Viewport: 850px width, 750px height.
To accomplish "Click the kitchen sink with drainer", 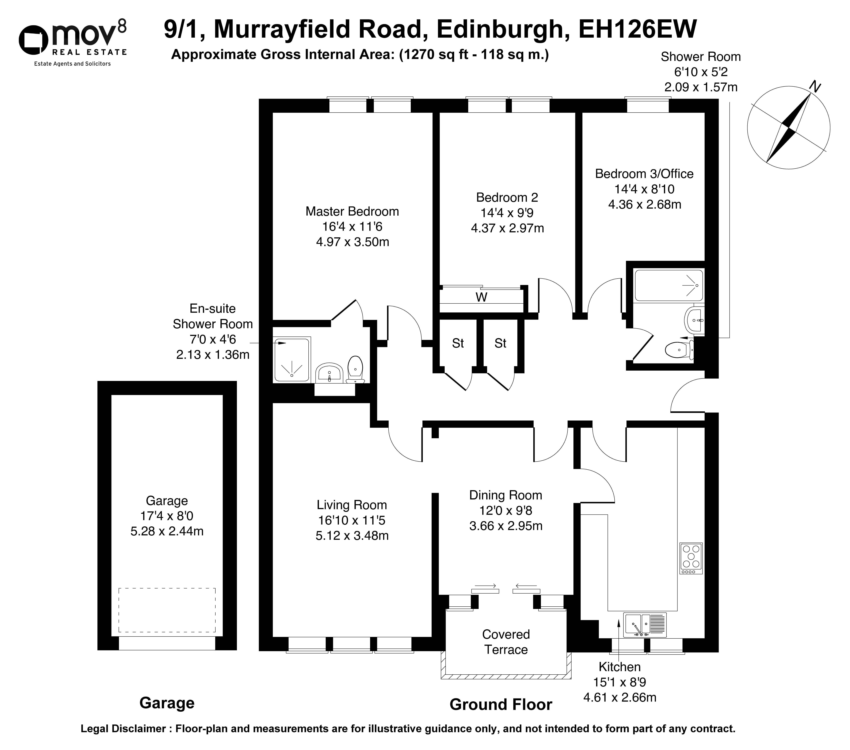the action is (645, 625).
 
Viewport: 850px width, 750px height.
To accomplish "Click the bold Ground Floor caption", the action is (501, 705).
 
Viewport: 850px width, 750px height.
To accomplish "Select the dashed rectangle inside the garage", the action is (167, 610).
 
